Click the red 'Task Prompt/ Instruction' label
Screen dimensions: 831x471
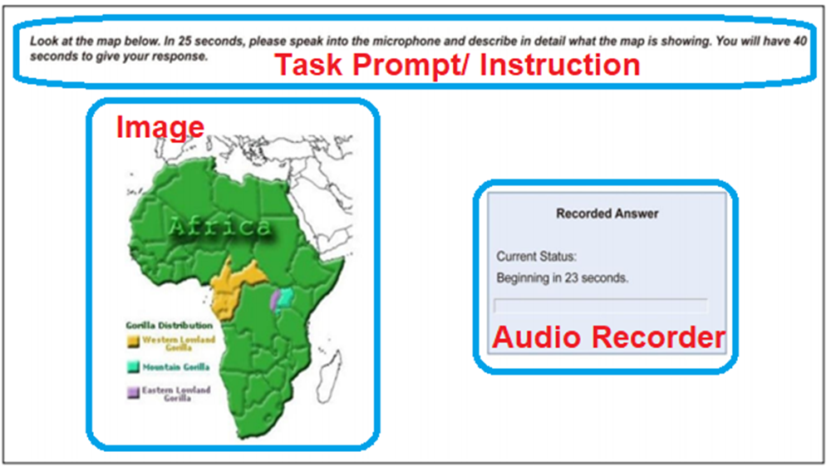pos(457,65)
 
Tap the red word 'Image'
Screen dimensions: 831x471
pos(160,128)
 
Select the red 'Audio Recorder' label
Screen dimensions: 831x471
pos(609,337)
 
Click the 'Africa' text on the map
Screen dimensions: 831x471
pos(220,228)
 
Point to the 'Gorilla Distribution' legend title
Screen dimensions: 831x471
pos(169,326)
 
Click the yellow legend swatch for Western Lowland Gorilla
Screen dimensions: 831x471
pos(133,341)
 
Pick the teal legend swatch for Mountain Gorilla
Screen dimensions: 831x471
pos(133,366)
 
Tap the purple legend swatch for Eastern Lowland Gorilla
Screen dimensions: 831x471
pos(133,393)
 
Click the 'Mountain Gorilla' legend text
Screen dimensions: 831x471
pos(176,366)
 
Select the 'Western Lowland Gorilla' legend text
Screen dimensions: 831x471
pos(179,343)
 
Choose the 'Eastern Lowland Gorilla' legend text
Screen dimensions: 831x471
pos(176,394)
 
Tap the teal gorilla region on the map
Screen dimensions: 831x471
pos(285,298)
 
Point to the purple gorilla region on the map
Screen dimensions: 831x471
pos(274,300)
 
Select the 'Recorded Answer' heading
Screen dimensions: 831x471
pos(607,213)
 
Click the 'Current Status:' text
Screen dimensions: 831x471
pos(536,257)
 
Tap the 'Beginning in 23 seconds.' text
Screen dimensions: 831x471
pos(563,277)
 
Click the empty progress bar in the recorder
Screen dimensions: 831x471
pos(601,306)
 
